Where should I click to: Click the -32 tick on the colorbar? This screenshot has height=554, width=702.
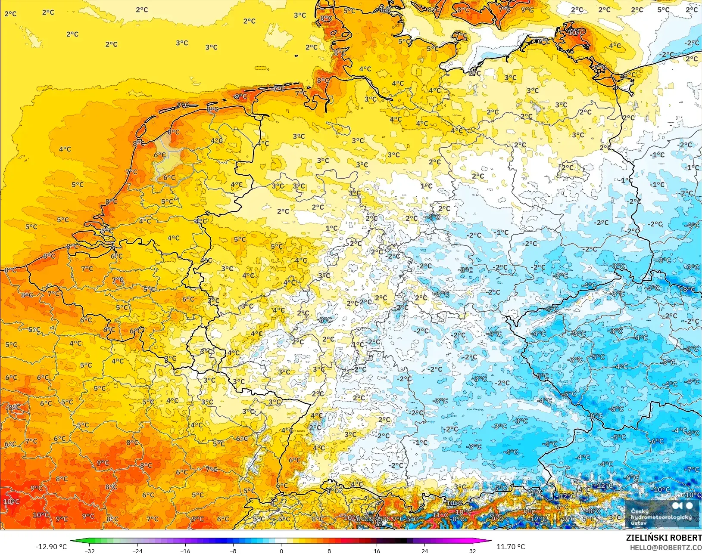tap(89, 551)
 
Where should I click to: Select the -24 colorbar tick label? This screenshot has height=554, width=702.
tap(137, 551)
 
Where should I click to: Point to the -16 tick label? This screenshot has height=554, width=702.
tap(185, 551)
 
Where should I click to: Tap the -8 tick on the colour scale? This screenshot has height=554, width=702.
tap(233, 551)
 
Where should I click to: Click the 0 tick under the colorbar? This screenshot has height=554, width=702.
tap(281, 551)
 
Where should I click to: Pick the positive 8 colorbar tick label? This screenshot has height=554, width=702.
tap(329, 551)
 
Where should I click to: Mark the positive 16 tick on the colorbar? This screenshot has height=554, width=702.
tap(377, 551)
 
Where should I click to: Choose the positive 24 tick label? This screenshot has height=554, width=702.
tap(424, 551)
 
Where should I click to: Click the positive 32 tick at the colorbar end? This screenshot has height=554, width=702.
tap(472, 551)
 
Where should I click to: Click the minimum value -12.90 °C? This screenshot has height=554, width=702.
tap(51, 547)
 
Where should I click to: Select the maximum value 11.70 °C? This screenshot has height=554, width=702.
tap(511, 547)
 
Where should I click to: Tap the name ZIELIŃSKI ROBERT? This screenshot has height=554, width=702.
tap(664, 538)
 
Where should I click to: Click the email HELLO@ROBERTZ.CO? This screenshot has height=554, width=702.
tap(666, 548)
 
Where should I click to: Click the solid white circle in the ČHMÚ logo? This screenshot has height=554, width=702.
tap(689, 506)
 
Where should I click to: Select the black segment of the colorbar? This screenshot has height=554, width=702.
tap(401, 541)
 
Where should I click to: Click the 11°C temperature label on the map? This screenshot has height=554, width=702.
tap(440, 514)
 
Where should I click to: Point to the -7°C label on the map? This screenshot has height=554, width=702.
tap(693, 469)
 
